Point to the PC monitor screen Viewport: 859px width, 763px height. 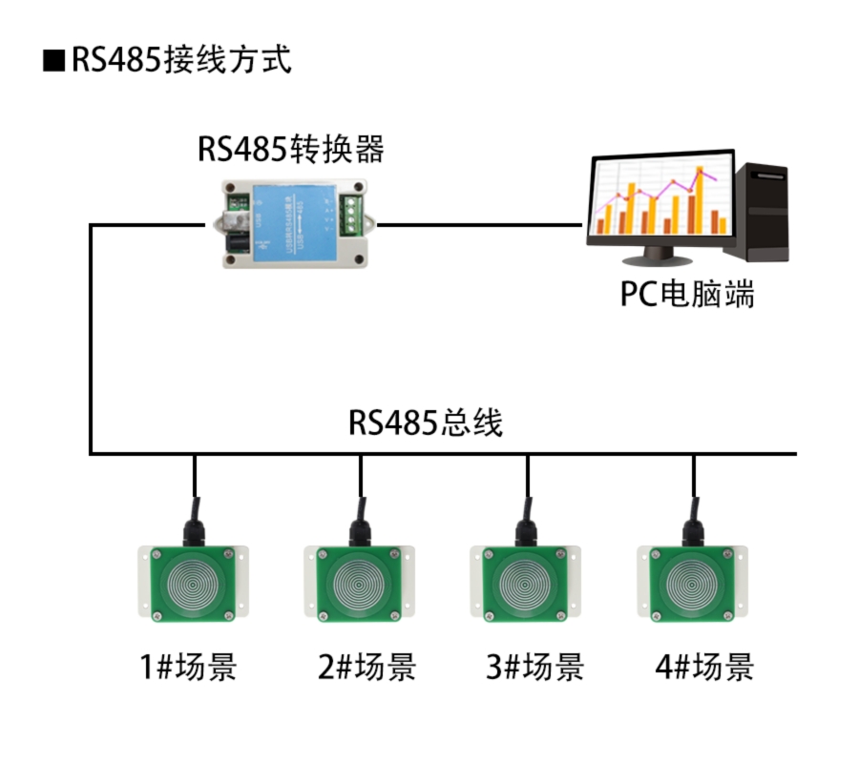pos(660,200)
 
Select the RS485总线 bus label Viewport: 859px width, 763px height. pos(425,423)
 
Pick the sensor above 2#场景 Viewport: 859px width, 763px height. pos(360,582)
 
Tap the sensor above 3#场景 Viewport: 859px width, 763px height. pos(526,582)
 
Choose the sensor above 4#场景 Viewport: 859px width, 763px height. pos(692,582)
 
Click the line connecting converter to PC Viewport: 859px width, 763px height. pos(477,226)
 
